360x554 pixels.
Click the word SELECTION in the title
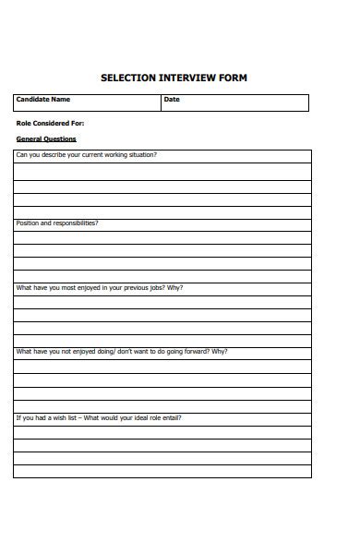(127, 78)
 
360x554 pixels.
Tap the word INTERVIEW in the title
(187, 78)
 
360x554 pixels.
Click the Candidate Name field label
(43, 100)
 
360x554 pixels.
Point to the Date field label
(172, 100)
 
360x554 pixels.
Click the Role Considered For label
(50, 123)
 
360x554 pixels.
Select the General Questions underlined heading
(46, 139)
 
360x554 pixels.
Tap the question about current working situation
(87, 155)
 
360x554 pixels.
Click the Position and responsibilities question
(57, 223)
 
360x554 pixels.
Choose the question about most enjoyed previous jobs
(100, 288)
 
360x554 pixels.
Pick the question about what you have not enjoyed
(122, 352)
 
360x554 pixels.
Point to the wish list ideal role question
(99, 417)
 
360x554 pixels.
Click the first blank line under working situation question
(162, 171)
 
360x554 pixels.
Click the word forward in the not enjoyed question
(195, 352)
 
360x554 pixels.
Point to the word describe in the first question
(49, 155)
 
